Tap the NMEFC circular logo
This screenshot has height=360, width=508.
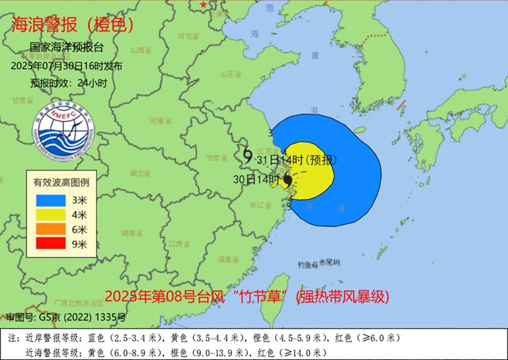67,133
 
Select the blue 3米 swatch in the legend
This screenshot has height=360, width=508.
51,199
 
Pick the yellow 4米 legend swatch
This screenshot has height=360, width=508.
51,214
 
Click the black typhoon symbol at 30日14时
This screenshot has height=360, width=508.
288,179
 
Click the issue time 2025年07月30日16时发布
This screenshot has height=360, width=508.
67,65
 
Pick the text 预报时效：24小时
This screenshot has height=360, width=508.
68,83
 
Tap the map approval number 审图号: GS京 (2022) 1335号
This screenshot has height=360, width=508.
66,317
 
